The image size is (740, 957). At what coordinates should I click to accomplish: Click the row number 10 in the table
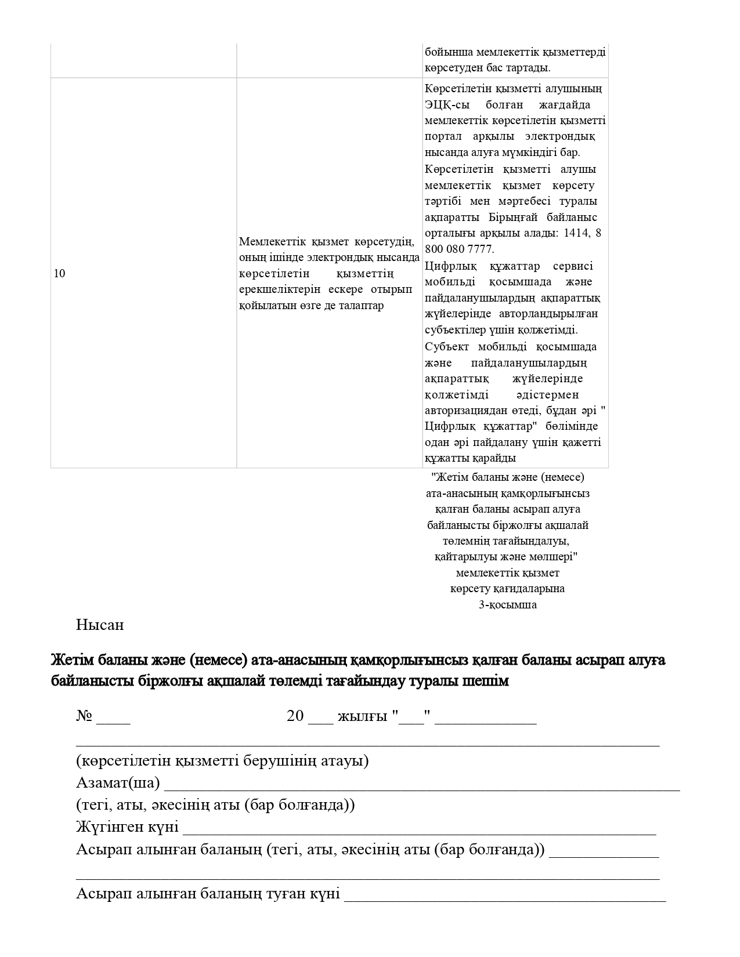[59, 274]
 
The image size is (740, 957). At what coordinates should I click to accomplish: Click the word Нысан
[99, 625]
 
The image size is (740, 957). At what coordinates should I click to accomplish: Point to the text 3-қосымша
[507, 605]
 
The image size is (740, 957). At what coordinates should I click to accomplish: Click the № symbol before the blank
[84, 716]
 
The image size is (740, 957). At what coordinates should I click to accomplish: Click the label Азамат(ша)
[118, 783]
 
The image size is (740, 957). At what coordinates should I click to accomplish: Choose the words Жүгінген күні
[127, 828]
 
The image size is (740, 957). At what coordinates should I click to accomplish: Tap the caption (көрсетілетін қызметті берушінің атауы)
[222, 761]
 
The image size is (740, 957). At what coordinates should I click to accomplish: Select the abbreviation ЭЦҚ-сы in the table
[444, 105]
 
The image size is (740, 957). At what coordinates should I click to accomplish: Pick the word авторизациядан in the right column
[466, 411]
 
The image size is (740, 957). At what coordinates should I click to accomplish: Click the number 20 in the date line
[295, 716]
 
